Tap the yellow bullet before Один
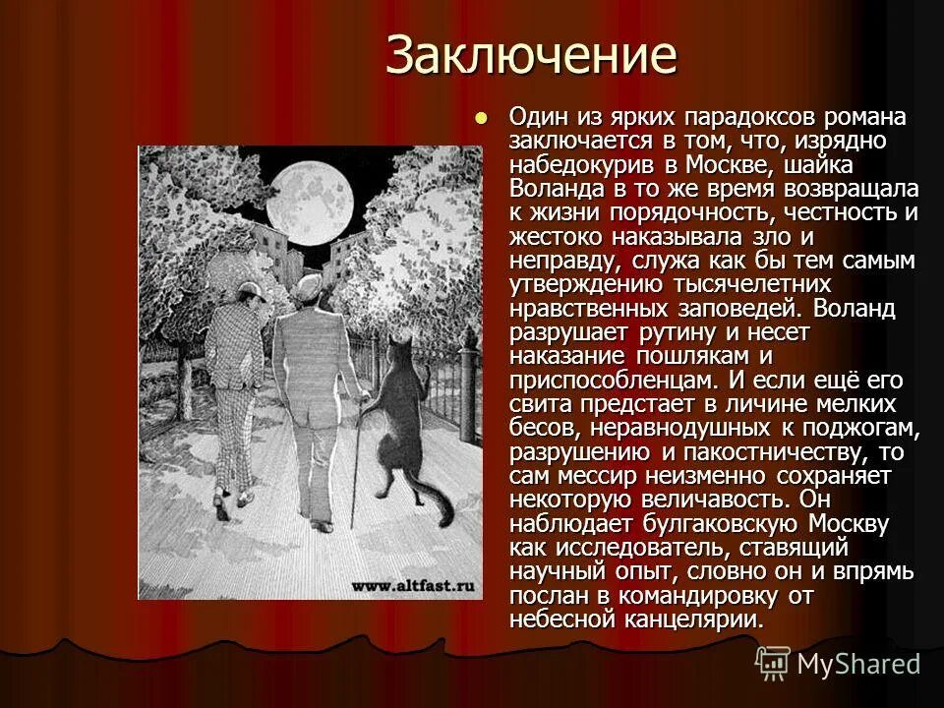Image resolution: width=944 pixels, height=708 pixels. tap(481, 116)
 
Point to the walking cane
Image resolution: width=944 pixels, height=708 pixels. tap(356, 462)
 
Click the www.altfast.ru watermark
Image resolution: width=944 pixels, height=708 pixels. tap(413, 586)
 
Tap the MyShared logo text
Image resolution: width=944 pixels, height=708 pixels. tap(858, 664)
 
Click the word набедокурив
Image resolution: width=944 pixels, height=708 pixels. tap(588, 165)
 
